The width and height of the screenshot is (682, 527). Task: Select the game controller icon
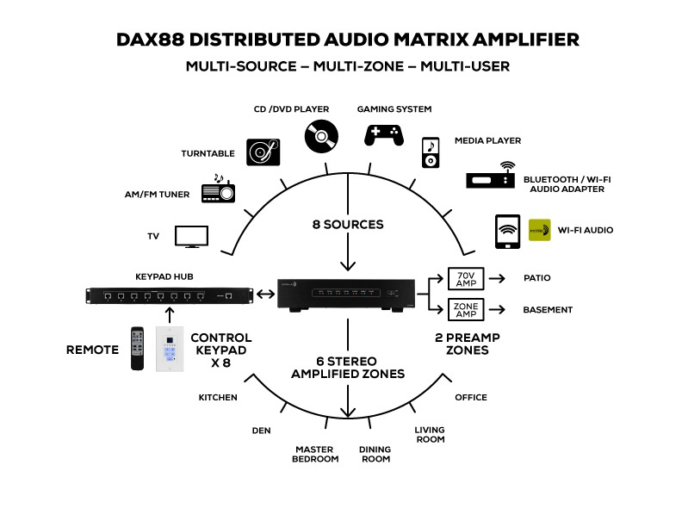[x=382, y=134]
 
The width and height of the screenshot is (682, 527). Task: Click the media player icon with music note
[x=431, y=152]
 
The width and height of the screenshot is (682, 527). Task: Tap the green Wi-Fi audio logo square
[x=539, y=230]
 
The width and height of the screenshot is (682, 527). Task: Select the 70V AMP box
[x=466, y=278]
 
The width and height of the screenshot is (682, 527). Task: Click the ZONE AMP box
[x=466, y=309]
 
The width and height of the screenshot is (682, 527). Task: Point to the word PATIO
[x=536, y=278]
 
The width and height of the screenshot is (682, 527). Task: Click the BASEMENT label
[x=548, y=310]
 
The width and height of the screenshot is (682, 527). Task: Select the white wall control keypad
[x=170, y=349]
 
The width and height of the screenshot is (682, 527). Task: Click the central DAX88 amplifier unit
[x=353, y=295]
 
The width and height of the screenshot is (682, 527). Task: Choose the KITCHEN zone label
[x=218, y=398]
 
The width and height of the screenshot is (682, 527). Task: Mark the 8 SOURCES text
[x=348, y=225]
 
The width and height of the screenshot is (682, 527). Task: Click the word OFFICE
[x=470, y=398]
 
